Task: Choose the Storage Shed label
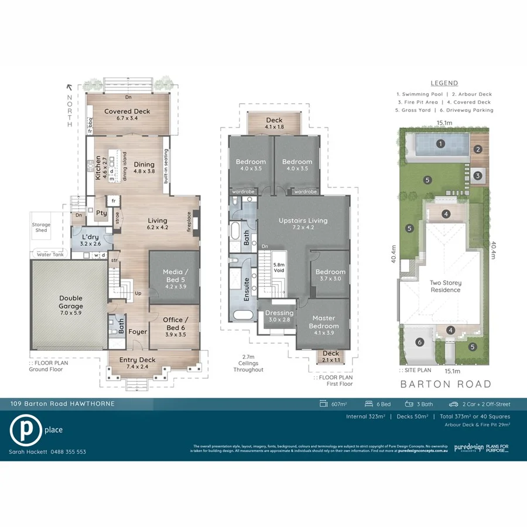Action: click(41, 227)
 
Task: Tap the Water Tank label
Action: click(50, 255)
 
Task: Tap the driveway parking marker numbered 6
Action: click(419, 343)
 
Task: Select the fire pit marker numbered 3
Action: click(477, 175)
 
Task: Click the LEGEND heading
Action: click(444, 83)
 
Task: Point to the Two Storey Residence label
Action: click(446, 286)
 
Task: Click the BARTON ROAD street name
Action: click(446, 385)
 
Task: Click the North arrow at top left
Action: click(69, 87)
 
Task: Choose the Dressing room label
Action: click(279, 316)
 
